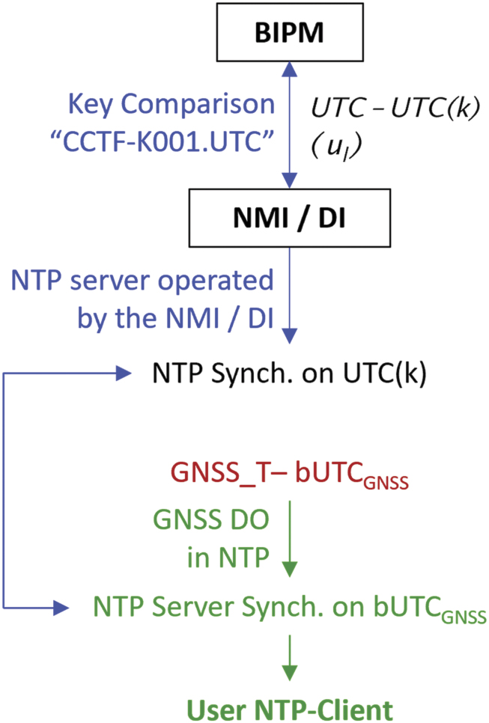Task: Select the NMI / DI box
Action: click(x=288, y=221)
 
